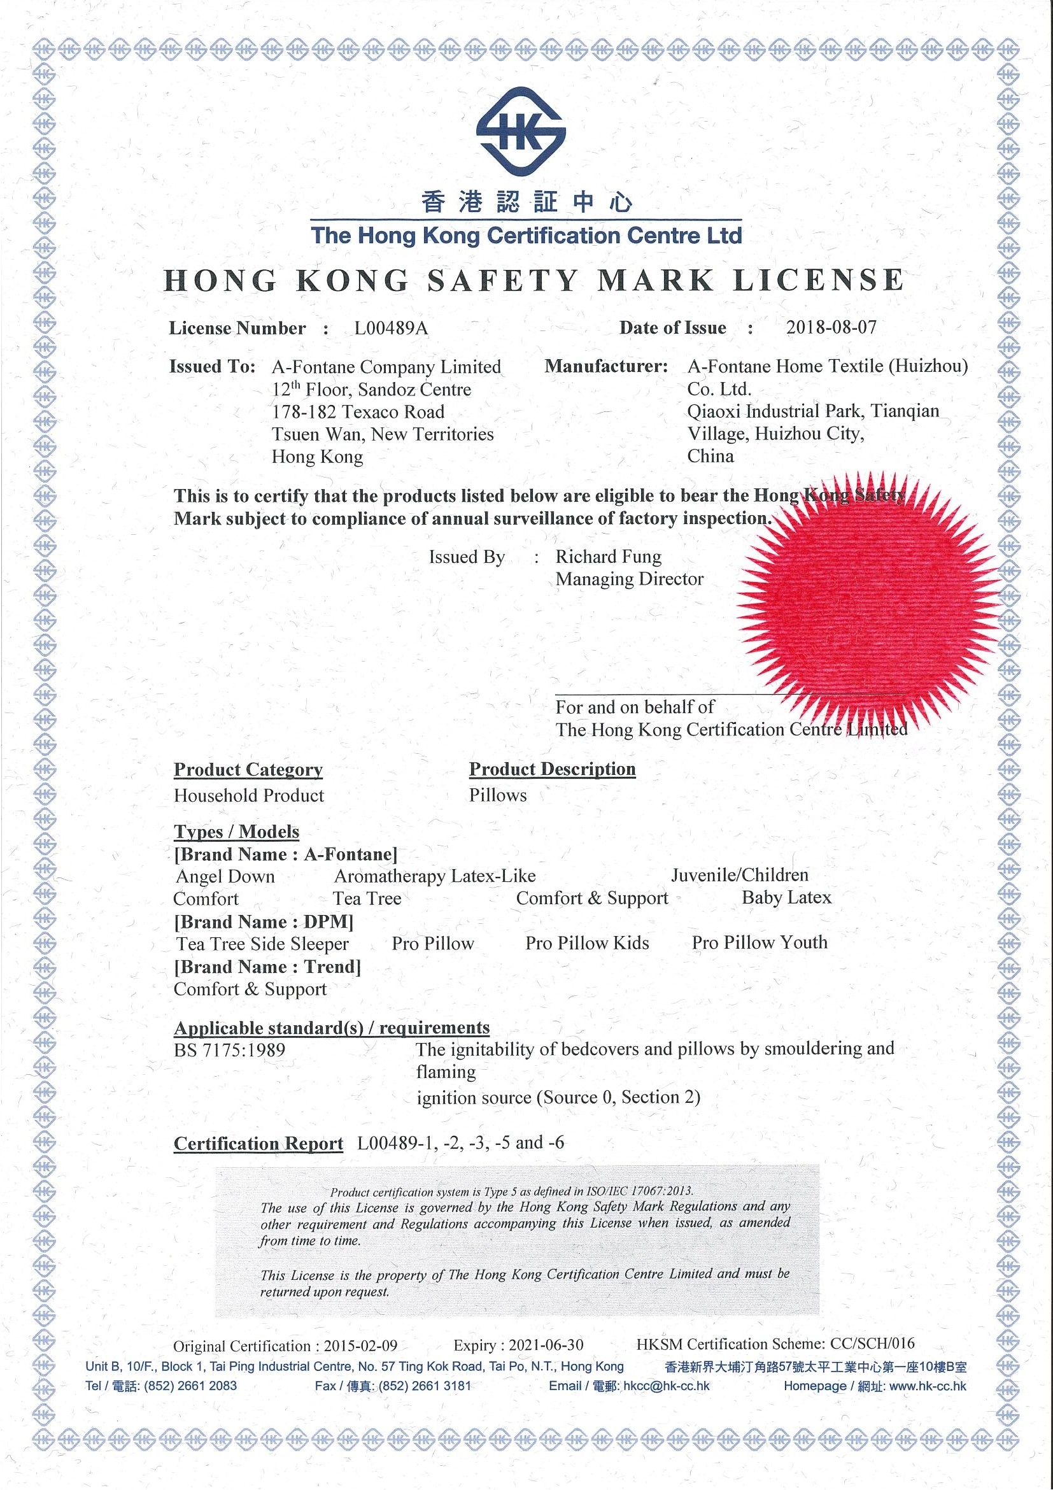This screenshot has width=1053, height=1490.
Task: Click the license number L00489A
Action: tap(392, 329)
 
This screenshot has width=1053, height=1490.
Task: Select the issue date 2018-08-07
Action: tap(831, 327)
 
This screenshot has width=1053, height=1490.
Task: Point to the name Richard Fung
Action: tap(609, 557)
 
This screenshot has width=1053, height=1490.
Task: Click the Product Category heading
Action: tap(248, 770)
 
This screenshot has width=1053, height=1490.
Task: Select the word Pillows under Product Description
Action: tap(498, 795)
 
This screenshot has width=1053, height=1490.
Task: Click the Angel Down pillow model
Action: tap(225, 877)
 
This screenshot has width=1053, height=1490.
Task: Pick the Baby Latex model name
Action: tap(786, 898)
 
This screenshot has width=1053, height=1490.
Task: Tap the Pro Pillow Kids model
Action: tap(587, 943)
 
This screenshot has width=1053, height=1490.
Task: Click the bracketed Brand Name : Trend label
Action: tap(267, 967)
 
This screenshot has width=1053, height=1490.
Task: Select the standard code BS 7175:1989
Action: tap(230, 1050)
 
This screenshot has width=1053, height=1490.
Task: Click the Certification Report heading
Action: tap(258, 1144)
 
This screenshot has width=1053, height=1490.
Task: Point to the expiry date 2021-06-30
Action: tap(546, 1345)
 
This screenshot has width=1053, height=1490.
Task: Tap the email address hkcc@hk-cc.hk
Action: tap(666, 1386)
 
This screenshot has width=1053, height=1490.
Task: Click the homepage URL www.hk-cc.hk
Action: tap(928, 1386)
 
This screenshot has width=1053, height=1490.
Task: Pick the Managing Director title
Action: tap(630, 579)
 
